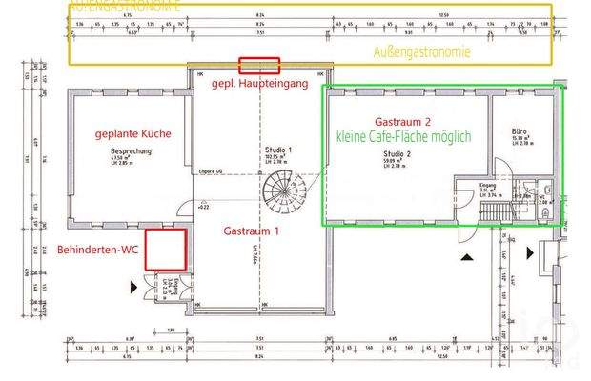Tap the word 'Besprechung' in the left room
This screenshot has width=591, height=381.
point(127,151)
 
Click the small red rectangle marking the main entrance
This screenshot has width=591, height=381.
point(259,65)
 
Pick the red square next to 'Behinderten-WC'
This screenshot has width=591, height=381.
point(165,249)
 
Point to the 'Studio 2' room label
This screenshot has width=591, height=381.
point(397,152)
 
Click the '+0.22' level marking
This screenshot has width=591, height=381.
point(202,206)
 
